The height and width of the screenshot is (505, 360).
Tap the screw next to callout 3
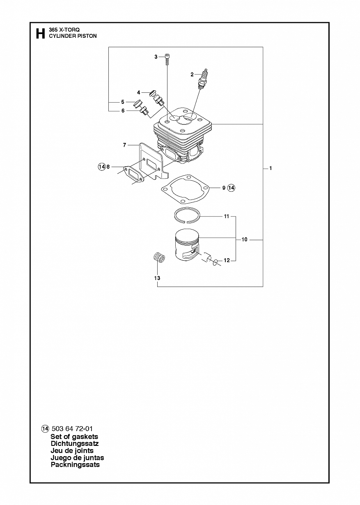tap(167, 59)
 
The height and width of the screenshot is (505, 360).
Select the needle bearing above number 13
tap(158, 257)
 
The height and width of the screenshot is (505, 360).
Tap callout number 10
tap(244, 239)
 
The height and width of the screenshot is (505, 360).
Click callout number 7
tap(124, 145)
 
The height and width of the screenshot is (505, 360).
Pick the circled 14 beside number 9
tap(231, 188)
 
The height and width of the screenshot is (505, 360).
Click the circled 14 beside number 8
tap(102, 167)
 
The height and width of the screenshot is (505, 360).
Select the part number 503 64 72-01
tap(72, 429)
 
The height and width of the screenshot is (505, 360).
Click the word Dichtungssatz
tap(75, 444)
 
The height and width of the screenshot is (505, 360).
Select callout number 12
tap(227, 260)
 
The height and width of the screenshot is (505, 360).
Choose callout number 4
tap(139, 92)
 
